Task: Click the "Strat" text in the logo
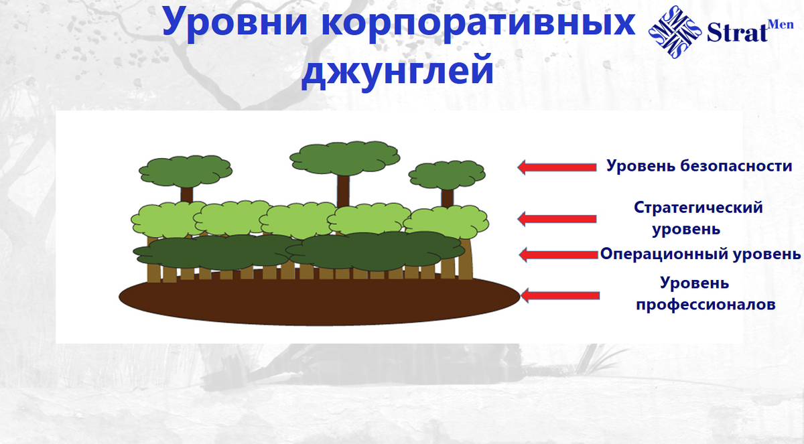[736, 33]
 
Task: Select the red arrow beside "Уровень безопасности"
[557, 167]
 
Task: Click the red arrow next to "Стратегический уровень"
[557, 218]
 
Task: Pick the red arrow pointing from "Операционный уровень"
[558, 254]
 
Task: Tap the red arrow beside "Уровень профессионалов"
[559, 295]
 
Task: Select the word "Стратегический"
[698, 208]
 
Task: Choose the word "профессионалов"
[706, 305]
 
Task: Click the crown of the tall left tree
[185, 171]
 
